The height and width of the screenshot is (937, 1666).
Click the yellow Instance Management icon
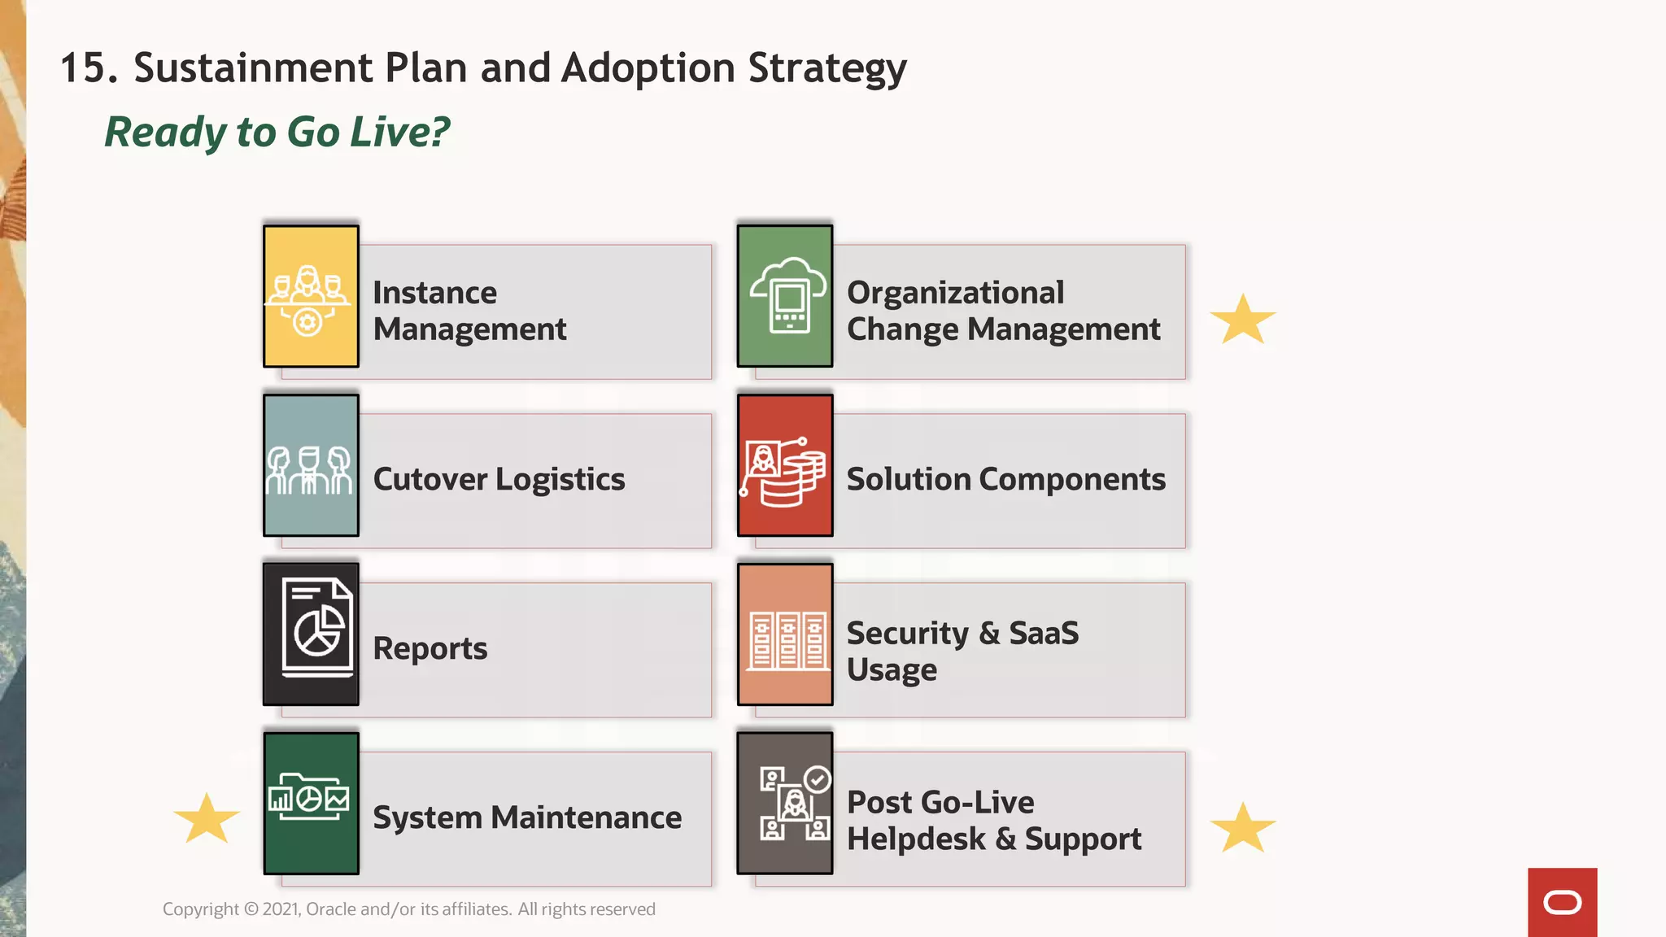[x=311, y=296]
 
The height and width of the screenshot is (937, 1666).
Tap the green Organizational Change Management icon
[x=785, y=296]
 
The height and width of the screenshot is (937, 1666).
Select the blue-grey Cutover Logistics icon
[x=311, y=465]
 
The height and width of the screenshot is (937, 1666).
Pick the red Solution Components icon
[x=785, y=465]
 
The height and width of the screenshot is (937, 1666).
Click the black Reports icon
[x=311, y=634]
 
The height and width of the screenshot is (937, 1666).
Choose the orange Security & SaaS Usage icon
[x=785, y=634]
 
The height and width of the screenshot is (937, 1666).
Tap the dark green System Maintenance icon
[x=311, y=804]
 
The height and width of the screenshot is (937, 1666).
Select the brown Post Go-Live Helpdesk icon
[x=785, y=804]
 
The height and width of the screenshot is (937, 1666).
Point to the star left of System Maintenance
[x=207, y=818]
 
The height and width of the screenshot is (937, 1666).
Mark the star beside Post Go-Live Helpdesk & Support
[x=1243, y=828]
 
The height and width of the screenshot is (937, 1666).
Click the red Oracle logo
[x=1562, y=902]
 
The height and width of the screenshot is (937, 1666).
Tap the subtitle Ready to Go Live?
[x=277, y=132]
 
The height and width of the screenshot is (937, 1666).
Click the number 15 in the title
[x=84, y=68]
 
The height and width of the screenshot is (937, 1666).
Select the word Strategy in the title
[x=826, y=68]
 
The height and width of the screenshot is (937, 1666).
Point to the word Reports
[x=430, y=648]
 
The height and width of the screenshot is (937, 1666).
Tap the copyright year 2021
[x=281, y=909]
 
